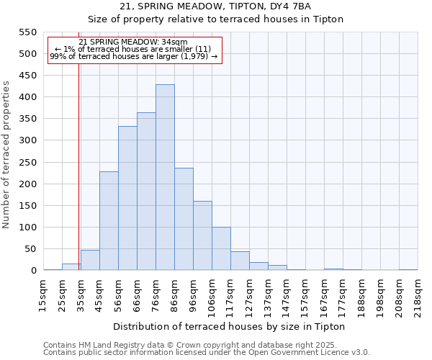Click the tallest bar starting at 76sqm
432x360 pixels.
point(165,177)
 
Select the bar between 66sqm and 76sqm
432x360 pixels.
point(146,192)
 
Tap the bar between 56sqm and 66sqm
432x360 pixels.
point(127,198)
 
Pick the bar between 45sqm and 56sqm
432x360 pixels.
point(109,221)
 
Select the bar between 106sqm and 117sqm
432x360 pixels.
point(221,248)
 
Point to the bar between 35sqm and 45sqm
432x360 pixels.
point(90,260)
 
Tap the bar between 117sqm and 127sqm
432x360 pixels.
point(240,261)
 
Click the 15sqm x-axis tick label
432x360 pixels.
point(43,294)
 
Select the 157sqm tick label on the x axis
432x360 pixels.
point(305,294)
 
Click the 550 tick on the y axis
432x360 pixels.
point(27,32)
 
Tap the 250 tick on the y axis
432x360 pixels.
point(27,163)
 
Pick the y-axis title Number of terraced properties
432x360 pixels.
point(7,155)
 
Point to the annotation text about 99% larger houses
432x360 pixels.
point(134,56)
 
